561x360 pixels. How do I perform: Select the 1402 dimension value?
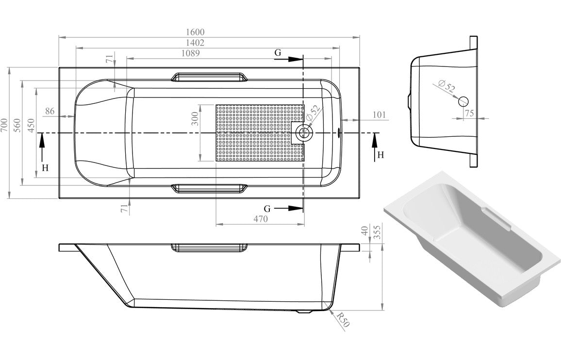tap(194, 43)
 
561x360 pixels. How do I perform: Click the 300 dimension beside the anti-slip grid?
tap(195, 119)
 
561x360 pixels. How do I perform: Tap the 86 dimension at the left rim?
tap(49, 111)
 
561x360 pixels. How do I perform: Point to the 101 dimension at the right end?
tap(380, 115)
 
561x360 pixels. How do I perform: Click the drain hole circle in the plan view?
tap(305, 131)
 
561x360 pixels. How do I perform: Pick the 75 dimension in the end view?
tap(468, 113)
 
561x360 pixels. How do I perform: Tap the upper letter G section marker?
tap(278, 52)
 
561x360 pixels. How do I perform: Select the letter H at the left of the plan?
tap(45, 168)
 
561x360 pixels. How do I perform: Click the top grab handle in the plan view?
tap(209, 77)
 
